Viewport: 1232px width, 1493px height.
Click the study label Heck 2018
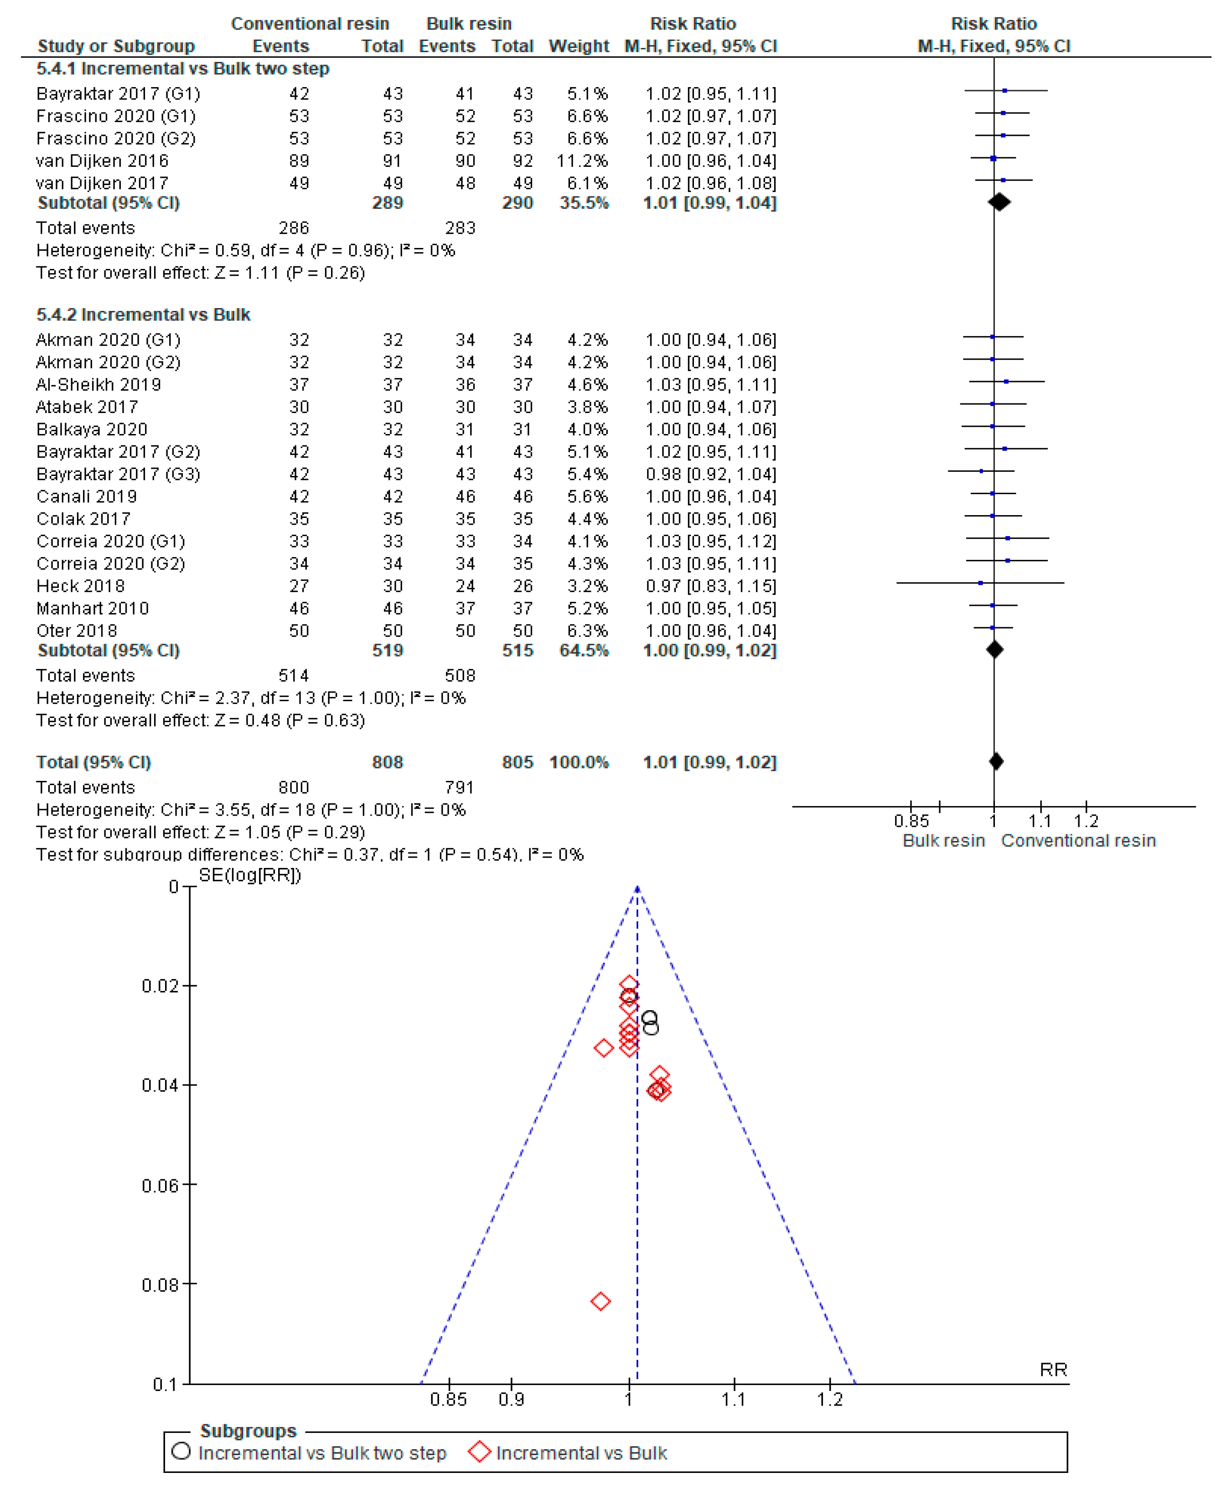coord(80,586)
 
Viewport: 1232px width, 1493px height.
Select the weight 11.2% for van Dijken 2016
coord(582,161)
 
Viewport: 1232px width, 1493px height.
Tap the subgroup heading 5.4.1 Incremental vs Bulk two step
coord(182,69)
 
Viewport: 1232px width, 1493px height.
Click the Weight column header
coord(579,46)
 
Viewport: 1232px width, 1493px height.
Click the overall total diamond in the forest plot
coord(996,761)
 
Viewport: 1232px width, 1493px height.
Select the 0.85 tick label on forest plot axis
coord(911,821)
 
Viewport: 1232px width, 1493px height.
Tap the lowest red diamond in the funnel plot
coord(600,1302)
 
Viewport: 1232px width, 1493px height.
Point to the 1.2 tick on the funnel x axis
coord(829,1400)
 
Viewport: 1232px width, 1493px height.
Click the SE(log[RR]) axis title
coord(250,875)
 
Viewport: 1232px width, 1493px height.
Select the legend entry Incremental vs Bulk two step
coord(321,1453)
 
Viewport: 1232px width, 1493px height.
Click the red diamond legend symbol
coord(480,1452)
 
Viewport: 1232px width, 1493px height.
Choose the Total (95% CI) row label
coord(93,762)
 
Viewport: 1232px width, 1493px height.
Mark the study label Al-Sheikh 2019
coord(98,385)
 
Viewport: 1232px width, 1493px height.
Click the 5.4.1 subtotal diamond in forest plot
coord(999,202)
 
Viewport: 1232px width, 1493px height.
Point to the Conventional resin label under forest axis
coord(1078,841)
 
